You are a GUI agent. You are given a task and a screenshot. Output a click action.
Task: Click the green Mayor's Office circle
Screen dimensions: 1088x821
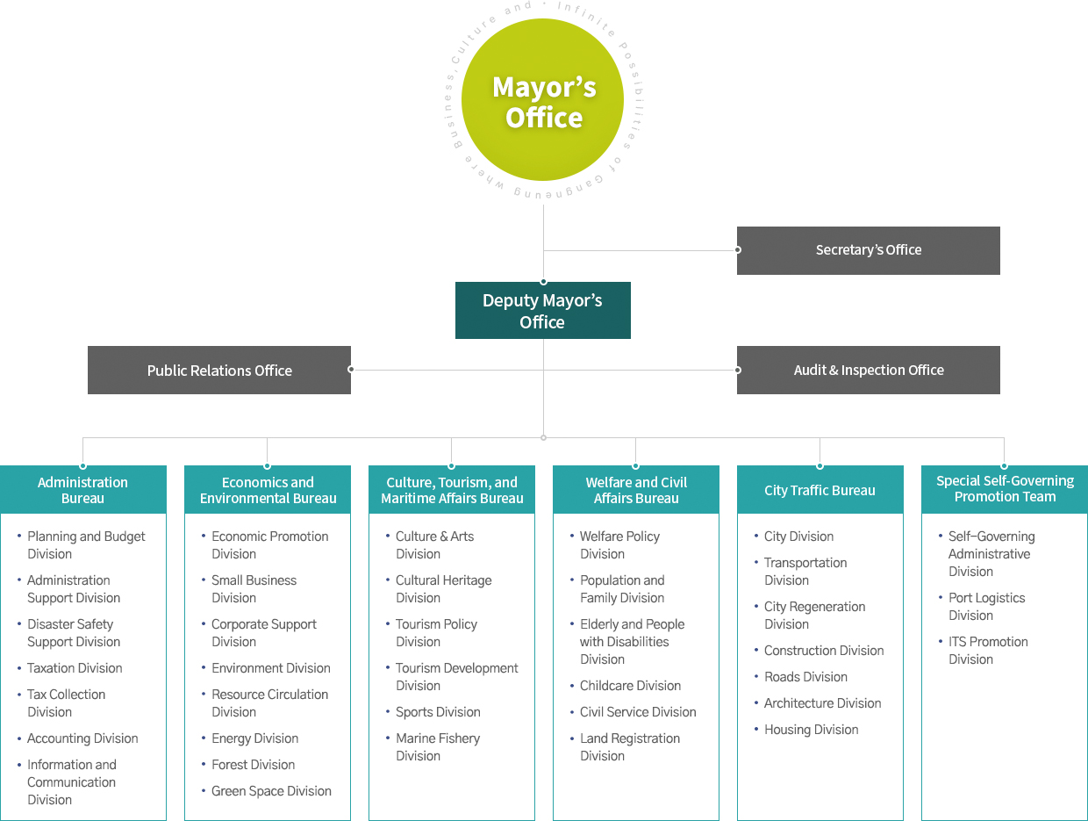(x=543, y=100)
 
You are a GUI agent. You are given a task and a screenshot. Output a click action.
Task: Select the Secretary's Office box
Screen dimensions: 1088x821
(x=868, y=250)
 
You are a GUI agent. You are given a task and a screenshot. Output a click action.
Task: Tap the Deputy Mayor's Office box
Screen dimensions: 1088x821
(x=543, y=311)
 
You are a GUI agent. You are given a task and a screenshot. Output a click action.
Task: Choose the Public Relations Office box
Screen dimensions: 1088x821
(x=219, y=370)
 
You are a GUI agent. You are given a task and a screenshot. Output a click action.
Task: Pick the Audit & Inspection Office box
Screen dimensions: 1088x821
(x=868, y=370)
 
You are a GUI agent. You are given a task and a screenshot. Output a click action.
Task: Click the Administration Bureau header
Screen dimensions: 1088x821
(x=82, y=490)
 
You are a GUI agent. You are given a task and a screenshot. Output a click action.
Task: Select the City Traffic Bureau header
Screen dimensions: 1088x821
(x=820, y=490)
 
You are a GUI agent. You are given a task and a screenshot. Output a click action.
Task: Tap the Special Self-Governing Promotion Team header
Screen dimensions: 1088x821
(x=1005, y=490)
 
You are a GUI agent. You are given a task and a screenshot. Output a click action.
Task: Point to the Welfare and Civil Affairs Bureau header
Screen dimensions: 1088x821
(x=636, y=490)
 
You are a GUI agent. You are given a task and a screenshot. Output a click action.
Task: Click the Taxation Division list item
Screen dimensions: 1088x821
(x=75, y=668)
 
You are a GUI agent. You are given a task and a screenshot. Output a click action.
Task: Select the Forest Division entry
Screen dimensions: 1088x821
(x=253, y=765)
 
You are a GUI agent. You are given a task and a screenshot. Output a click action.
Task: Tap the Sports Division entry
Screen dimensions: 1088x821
(x=438, y=712)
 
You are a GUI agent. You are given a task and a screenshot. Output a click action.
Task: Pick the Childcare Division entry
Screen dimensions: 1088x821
(x=630, y=686)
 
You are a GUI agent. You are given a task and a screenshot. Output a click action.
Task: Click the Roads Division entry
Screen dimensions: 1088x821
(x=805, y=677)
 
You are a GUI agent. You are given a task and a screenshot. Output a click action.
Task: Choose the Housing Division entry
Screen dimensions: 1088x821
(x=811, y=730)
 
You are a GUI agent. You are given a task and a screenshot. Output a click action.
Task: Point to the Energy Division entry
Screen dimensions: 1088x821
(x=254, y=738)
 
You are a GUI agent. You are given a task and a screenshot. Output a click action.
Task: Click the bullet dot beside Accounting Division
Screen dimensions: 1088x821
(x=19, y=738)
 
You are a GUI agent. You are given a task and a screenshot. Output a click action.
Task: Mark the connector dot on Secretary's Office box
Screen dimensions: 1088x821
(x=738, y=250)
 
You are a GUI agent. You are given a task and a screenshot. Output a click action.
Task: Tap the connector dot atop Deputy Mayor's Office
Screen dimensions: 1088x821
(x=543, y=282)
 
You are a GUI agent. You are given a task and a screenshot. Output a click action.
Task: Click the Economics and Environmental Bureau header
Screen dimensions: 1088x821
(x=268, y=490)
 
